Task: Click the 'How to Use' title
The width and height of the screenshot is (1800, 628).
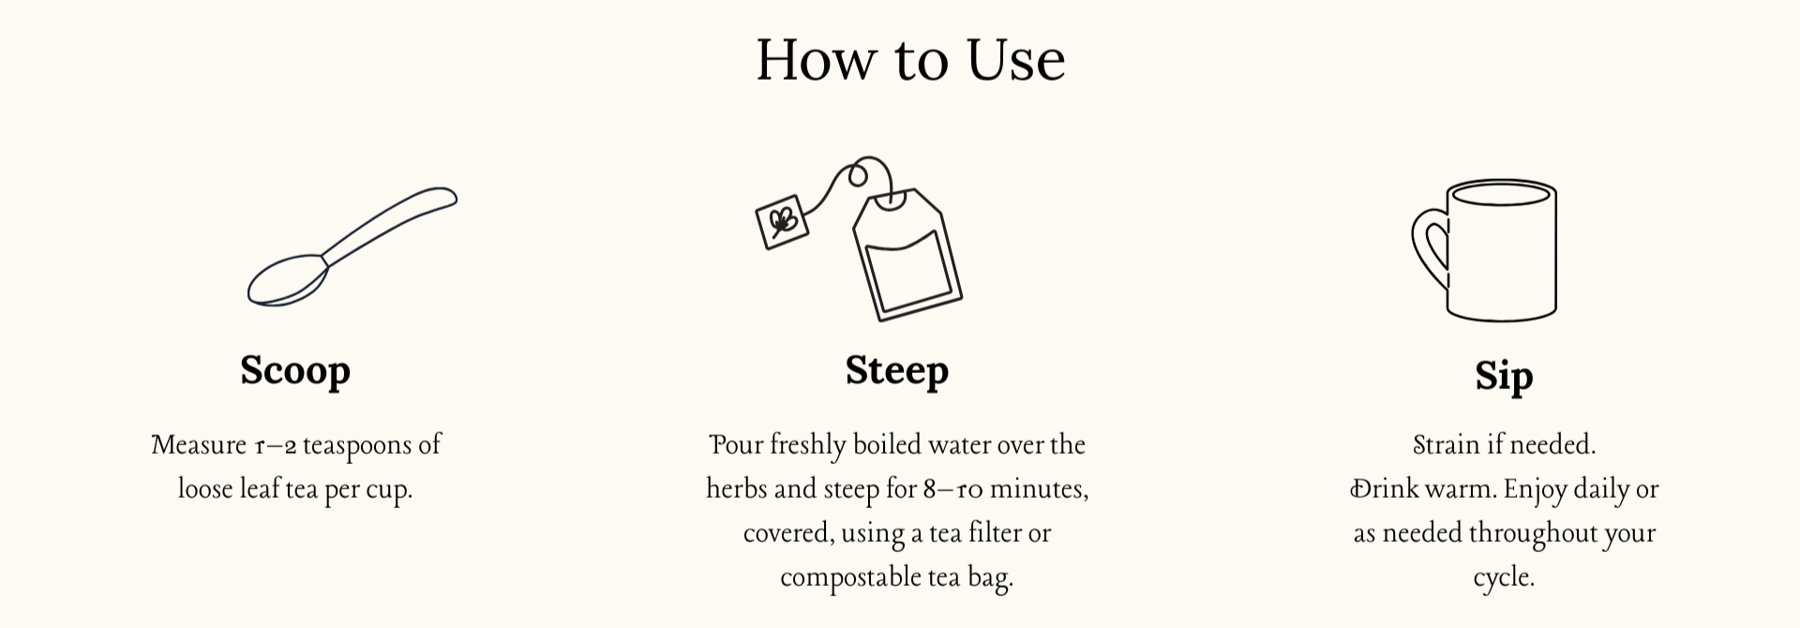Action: [910, 60]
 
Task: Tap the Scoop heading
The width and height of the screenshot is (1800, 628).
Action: [295, 371]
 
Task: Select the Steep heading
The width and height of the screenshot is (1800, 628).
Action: [897, 371]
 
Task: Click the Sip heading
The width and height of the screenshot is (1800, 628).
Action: [1504, 377]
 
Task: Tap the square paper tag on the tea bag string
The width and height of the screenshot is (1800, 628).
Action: [782, 222]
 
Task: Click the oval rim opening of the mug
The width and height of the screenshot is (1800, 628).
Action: [1502, 194]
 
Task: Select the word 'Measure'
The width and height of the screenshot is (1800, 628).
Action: [199, 444]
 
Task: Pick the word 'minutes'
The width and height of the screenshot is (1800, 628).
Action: [1040, 489]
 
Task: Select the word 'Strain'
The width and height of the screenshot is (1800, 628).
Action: [1447, 444]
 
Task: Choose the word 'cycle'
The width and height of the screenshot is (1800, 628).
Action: [1501, 578]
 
